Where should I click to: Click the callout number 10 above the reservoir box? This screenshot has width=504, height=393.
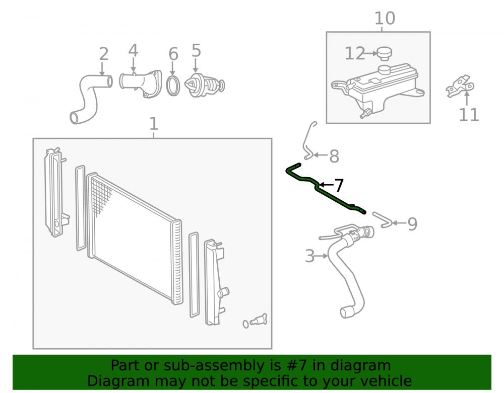coord(385,18)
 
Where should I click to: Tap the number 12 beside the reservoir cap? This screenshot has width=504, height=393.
coord(355,53)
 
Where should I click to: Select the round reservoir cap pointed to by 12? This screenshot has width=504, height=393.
coord(384,53)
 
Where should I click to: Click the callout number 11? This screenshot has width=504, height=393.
coord(469,115)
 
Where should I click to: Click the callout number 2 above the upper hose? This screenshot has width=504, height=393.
coord(103,54)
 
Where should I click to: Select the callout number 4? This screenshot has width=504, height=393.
coord(134,51)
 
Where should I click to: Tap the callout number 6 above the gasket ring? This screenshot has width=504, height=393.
coord(173,54)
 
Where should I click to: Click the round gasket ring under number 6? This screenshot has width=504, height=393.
coord(173,86)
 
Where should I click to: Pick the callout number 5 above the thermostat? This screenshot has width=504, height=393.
coord(196,51)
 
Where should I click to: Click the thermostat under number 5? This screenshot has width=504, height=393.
coord(205,85)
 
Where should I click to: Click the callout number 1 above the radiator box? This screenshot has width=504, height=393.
coord(154,123)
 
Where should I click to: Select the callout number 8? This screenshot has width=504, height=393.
coord(334,156)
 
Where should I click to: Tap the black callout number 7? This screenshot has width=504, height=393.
coord(339,186)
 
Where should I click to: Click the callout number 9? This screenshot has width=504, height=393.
coord(412,224)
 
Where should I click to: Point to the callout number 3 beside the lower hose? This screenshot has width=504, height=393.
coord(309,256)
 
